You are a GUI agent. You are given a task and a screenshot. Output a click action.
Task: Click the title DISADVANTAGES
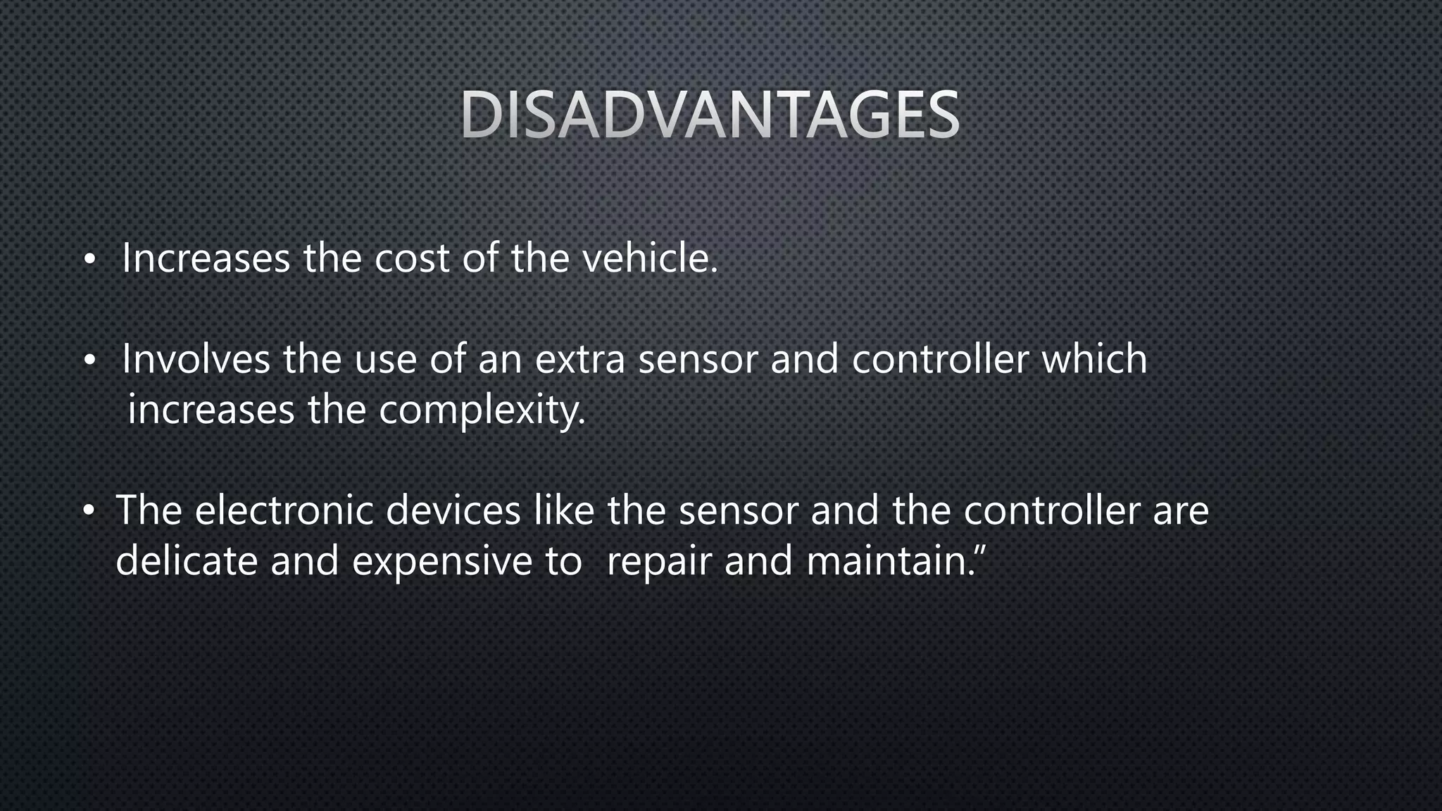[x=710, y=115]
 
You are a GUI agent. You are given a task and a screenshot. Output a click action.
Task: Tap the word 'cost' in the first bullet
[x=411, y=258]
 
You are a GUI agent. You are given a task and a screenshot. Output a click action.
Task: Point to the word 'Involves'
[x=196, y=359]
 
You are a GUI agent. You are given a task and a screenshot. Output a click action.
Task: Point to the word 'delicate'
[x=187, y=561]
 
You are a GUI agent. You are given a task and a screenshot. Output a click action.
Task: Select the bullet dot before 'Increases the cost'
[x=88, y=260]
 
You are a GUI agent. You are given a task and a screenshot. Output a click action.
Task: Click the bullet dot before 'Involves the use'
[x=88, y=361]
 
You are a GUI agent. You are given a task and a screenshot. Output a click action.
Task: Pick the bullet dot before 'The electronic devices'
[x=88, y=512]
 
